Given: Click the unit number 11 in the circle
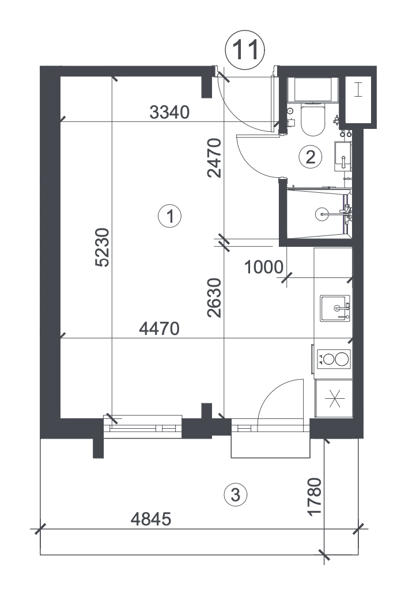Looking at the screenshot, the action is pos(245,50).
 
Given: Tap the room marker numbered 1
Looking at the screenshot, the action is pos(170,216).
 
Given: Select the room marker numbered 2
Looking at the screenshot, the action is pos(311,157).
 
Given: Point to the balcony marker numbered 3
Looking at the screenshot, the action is pos(235,494).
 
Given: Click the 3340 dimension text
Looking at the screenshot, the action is pos(169,112).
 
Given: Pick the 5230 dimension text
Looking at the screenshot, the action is pos(103,247).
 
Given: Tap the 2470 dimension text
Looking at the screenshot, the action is pos(214,158).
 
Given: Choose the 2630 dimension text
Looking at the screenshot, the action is pos(214,298).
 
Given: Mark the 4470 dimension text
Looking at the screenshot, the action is pos(160,329).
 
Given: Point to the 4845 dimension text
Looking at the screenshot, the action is pos(151,519).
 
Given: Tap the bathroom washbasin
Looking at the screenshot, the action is pos(343,156).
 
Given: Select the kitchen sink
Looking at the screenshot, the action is pos(335,308).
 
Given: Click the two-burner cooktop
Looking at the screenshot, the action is pos(334,359).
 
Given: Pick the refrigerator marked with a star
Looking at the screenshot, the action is pos(334,398).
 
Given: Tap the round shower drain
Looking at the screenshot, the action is pos(322,214).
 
